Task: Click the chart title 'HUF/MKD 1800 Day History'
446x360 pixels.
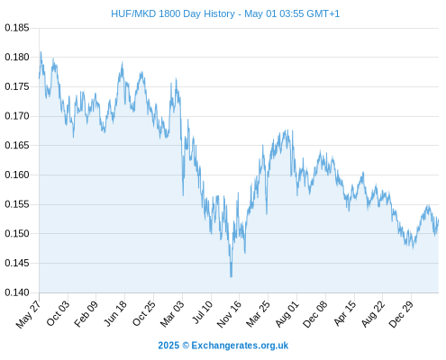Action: click(x=173, y=13)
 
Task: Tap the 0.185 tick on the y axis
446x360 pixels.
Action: click(x=17, y=28)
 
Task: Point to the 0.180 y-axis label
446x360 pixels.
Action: click(x=17, y=57)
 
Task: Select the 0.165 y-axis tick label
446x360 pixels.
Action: click(x=17, y=146)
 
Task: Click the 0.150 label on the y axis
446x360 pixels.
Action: click(x=17, y=233)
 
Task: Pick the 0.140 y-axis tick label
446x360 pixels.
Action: click(x=17, y=292)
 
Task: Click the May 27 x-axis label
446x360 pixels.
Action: click(x=28, y=313)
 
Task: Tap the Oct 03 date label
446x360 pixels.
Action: click(x=58, y=313)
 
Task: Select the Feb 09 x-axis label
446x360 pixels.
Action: click(x=86, y=313)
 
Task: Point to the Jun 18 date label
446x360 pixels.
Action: click(x=115, y=313)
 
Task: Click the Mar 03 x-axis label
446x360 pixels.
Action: click(x=172, y=313)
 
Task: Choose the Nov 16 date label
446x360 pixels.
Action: click(x=229, y=313)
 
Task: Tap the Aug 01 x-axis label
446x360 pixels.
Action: click(x=287, y=313)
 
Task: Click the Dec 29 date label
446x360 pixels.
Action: click(x=401, y=313)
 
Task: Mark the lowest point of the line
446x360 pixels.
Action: click(x=231, y=277)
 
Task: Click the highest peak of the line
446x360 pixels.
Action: click(x=41, y=51)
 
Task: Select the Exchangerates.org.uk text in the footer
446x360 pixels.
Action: click(x=240, y=346)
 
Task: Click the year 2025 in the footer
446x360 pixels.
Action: click(x=168, y=346)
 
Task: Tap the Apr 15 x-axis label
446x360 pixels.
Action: click(x=345, y=313)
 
